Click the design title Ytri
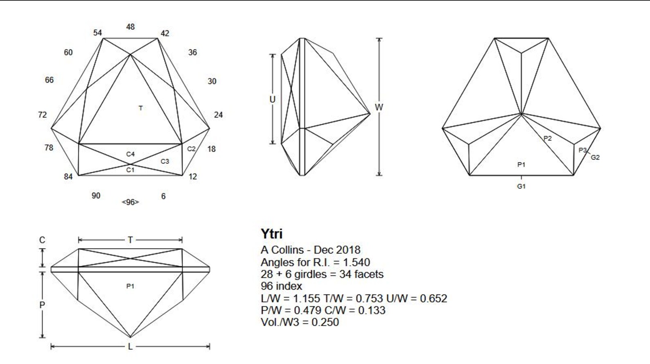pos(271,234)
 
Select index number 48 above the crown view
pos(131,27)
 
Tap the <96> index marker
pos(130,202)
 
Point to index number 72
pos(43,115)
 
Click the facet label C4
pos(130,154)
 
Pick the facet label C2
pos(191,149)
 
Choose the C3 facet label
pos(165,162)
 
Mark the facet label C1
pos(130,170)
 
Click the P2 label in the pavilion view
pos(548,139)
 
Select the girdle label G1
pos(521,186)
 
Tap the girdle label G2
pos(595,157)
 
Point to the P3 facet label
pos(582,151)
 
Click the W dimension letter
pos(379,107)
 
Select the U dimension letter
pos(272,99)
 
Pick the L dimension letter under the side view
pos(130,347)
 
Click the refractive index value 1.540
pos(356,262)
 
